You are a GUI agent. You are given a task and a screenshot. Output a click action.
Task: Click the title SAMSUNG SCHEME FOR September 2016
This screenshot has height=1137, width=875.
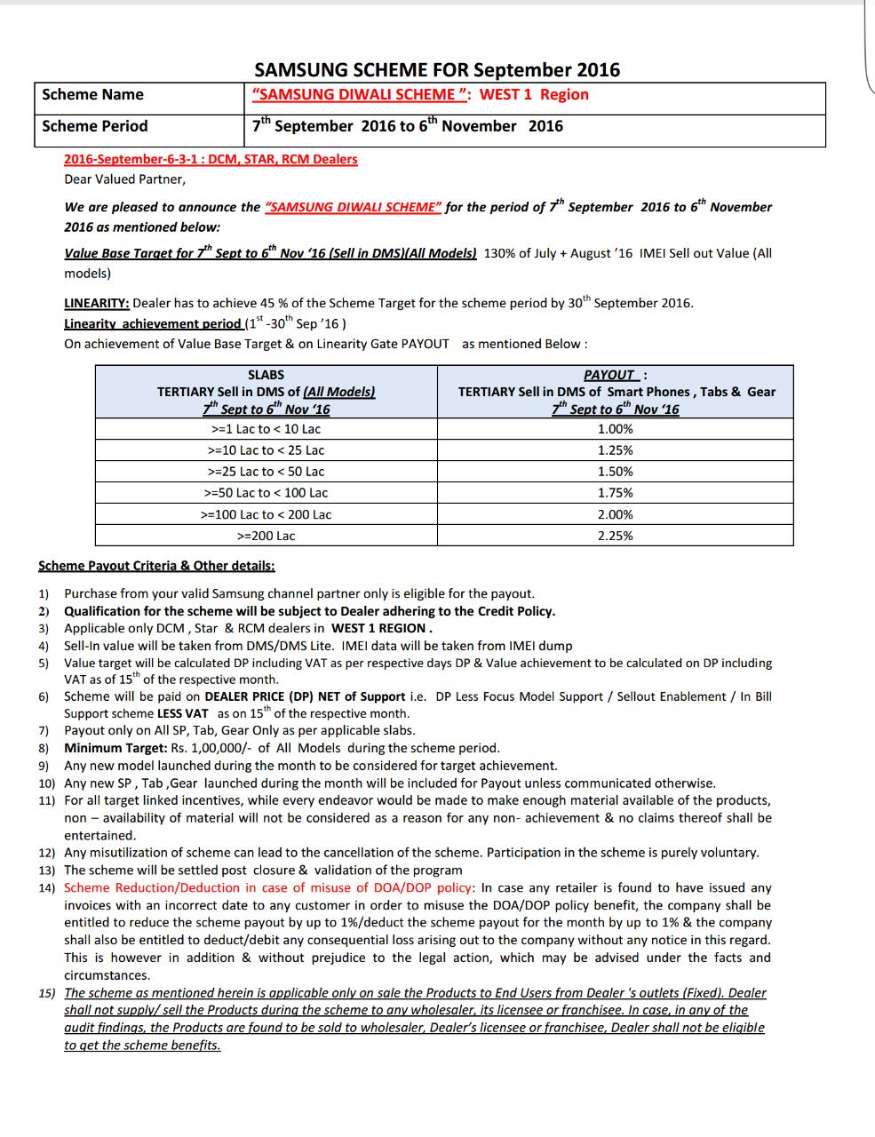coord(437,69)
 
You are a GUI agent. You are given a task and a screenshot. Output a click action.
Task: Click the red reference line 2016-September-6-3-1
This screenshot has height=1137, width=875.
coord(211,159)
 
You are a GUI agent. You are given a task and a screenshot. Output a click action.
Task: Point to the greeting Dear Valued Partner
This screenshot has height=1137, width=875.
coord(124,179)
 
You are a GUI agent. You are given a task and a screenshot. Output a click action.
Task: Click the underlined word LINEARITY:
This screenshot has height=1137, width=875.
coord(97,302)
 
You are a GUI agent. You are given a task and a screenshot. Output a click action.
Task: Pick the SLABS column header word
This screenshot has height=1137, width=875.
coord(266,375)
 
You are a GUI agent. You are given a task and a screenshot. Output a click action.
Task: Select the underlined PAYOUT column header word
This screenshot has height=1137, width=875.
coord(609,375)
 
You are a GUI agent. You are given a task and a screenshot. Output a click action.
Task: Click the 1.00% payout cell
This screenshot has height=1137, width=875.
coord(615,429)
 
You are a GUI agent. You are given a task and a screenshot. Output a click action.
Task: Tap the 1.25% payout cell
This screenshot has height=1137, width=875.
coord(615,450)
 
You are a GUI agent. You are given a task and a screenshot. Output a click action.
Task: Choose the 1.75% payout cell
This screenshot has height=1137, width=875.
coord(615,493)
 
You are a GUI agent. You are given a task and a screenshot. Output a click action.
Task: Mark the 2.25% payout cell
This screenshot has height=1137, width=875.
coord(615,536)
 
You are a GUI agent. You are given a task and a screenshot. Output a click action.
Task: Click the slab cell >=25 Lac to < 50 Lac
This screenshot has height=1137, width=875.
coord(266,472)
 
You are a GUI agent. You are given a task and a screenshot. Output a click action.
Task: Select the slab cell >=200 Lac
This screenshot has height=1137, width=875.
coord(266,536)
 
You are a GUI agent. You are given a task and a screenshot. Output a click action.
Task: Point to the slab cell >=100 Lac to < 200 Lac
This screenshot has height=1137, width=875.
coord(266,514)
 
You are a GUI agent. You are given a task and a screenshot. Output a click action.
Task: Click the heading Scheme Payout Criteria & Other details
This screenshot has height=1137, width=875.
coord(156,566)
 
